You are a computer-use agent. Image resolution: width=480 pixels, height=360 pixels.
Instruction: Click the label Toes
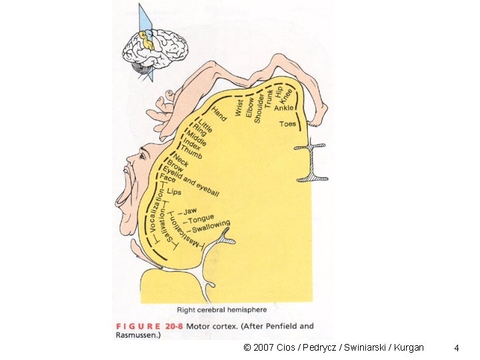(287, 124)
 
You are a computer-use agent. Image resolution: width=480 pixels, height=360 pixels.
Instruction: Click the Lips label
(174, 192)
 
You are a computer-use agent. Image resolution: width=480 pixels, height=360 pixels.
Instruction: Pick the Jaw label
(190, 211)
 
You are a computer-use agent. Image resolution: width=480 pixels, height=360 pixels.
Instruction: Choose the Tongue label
(200, 219)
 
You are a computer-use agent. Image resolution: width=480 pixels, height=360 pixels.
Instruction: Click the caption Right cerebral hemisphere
(221, 310)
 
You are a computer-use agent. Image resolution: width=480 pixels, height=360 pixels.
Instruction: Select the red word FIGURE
(139, 327)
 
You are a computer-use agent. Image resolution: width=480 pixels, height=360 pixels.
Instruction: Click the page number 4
(456, 347)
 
